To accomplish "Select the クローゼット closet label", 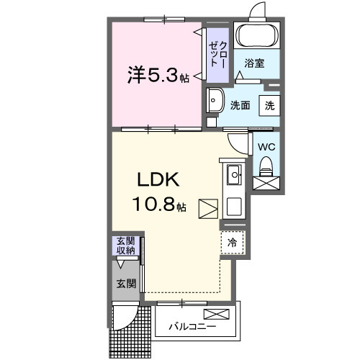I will (x=217, y=54).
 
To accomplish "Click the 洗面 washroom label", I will (x=240, y=105).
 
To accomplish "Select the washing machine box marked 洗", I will (x=269, y=104).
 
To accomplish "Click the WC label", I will (x=266, y=146).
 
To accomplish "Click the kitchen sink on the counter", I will (x=235, y=174).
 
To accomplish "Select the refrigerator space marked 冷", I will (x=233, y=243).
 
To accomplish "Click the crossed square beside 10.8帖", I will (x=207, y=208).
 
